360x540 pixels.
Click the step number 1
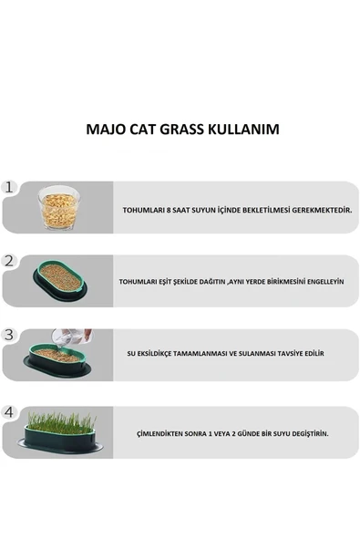[x=10, y=187]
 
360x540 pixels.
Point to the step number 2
[x=10, y=261]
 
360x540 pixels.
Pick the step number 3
[x=10, y=335]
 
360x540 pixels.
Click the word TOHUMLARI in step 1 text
[x=144, y=210]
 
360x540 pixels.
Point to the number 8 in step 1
[x=170, y=210]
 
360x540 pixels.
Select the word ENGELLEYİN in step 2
[x=320, y=282]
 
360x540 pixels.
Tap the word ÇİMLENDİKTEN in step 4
[x=161, y=433]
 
